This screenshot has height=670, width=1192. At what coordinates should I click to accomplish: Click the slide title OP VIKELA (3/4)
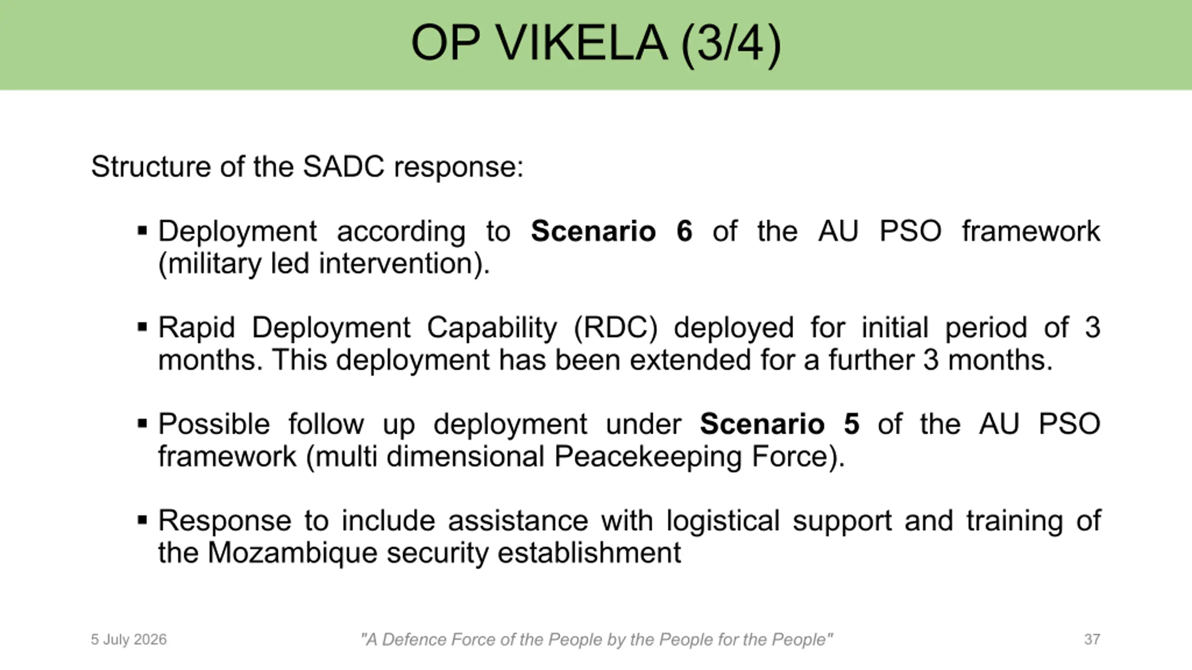(x=596, y=43)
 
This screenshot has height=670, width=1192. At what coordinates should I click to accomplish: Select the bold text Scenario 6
(x=611, y=231)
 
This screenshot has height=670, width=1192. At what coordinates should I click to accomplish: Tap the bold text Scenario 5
(x=779, y=424)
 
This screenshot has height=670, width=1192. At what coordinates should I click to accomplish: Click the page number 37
(x=1092, y=639)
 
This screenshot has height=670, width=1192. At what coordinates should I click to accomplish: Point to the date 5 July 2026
(x=129, y=640)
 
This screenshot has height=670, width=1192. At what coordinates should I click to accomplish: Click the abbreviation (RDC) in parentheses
(x=616, y=328)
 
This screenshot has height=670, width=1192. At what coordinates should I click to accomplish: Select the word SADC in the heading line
(x=344, y=166)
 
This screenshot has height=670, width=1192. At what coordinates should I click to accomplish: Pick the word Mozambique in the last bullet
(x=292, y=553)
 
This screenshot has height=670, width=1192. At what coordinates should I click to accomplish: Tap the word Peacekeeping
(x=648, y=457)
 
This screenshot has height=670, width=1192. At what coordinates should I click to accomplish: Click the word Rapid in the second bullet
(x=196, y=328)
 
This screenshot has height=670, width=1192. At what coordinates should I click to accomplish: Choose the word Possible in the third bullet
(x=214, y=424)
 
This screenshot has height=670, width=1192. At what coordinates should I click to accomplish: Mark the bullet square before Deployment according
(x=142, y=231)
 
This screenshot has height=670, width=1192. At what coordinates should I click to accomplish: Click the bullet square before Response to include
(x=142, y=520)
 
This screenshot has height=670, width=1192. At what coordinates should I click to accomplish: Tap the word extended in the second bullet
(x=691, y=360)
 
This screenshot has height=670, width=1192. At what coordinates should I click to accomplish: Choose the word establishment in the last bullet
(x=589, y=553)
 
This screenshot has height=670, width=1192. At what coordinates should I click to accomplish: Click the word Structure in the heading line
(x=151, y=166)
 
